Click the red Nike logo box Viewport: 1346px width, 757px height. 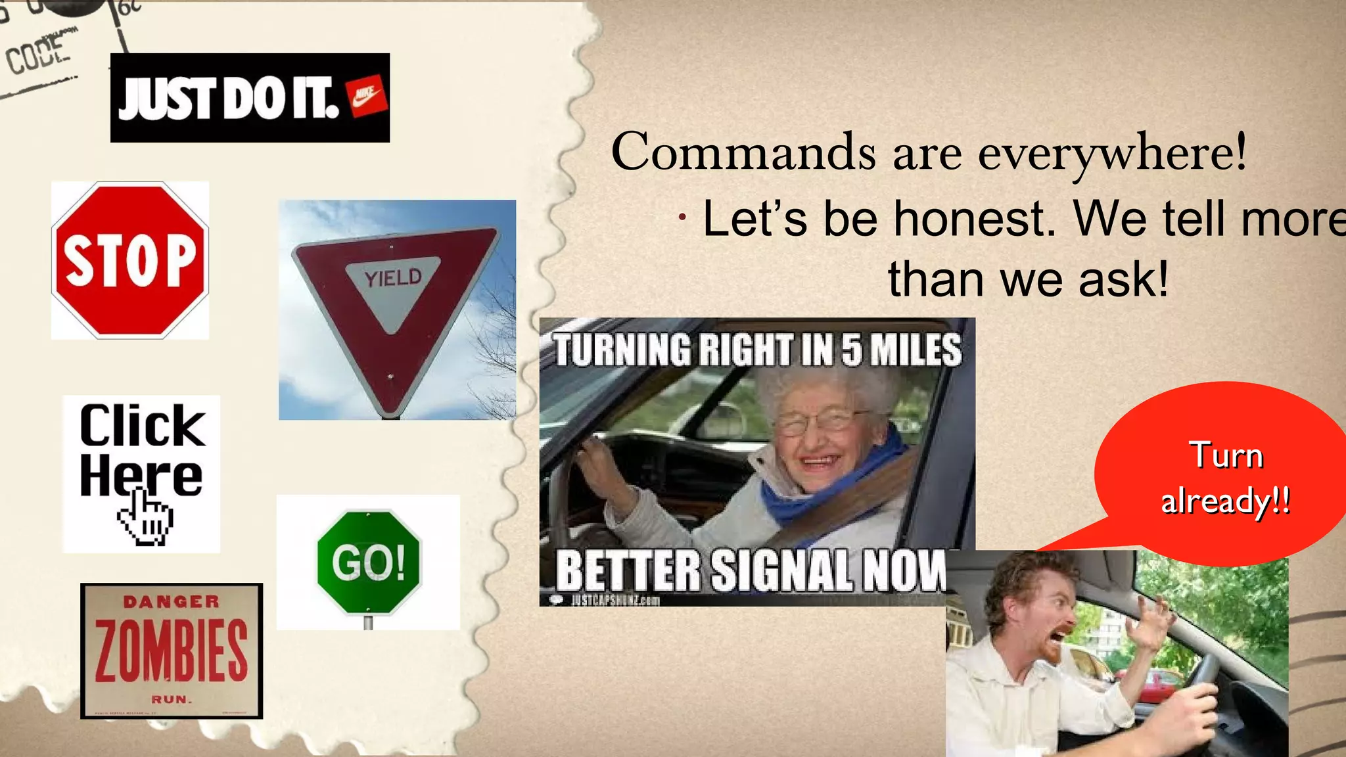[367, 97]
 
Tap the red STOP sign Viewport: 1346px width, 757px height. [130, 260]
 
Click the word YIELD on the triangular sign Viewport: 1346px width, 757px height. [393, 278]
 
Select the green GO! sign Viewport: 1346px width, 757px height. [368, 562]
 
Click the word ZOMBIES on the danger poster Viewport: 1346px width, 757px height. [172, 651]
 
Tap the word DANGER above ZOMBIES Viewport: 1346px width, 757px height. [172, 601]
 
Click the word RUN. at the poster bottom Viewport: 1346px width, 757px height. [172, 699]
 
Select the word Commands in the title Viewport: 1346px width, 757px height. [743, 152]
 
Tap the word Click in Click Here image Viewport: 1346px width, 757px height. [142, 426]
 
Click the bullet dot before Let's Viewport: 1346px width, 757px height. [684, 218]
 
